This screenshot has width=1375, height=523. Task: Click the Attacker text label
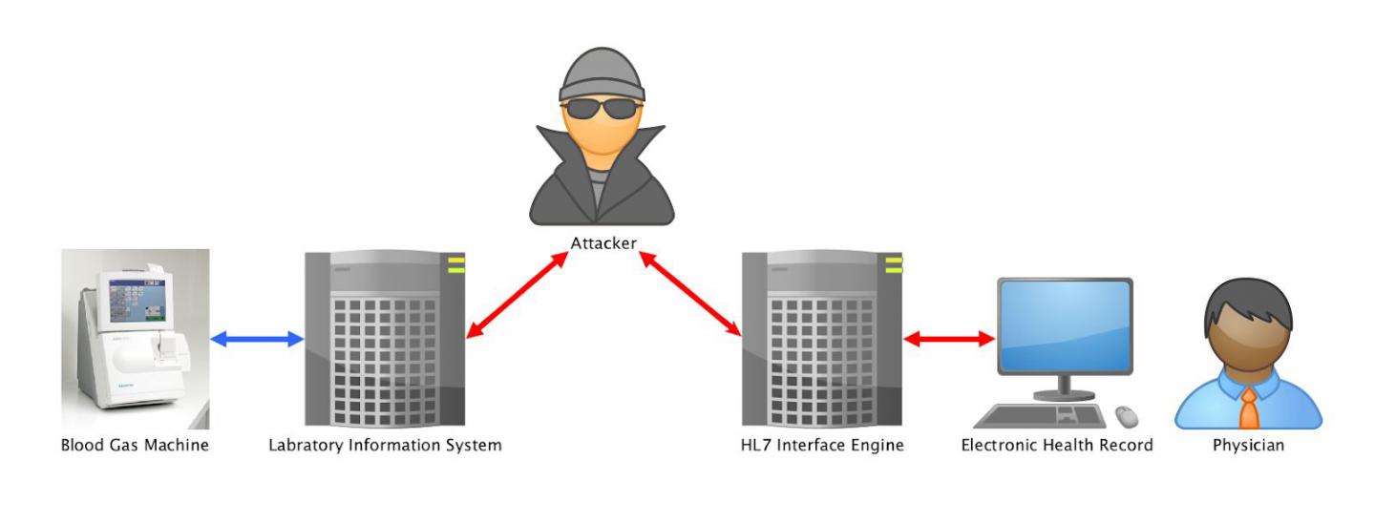[x=603, y=243]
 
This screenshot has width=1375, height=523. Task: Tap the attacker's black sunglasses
[x=602, y=107]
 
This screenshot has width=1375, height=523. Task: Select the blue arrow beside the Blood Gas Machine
[x=256, y=338]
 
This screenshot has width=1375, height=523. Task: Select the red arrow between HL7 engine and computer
[x=949, y=338]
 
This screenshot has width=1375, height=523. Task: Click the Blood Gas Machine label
[x=135, y=445]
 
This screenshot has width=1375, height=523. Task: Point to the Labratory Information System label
[x=385, y=445]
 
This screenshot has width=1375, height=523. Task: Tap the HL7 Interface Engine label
[x=822, y=445]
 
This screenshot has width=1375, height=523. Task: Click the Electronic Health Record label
[x=1057, y=445]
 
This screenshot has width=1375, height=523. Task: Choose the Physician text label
[x=1248, y=445]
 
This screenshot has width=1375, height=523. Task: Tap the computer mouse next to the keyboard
[x=1127, y=416]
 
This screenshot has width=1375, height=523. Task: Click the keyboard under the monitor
[x=1041, y=416]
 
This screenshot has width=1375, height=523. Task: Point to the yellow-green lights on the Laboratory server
[x=455, y=264]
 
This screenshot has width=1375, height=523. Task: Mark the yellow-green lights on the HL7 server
[x=893, y=264]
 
